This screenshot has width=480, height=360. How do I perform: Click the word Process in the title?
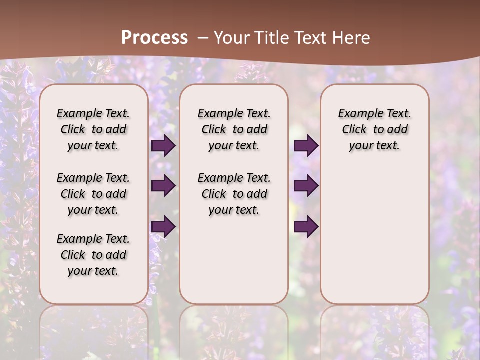point(154,37)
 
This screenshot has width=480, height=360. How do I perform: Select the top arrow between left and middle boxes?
point(163,145)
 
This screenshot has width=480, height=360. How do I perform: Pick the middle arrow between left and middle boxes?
point(163,186)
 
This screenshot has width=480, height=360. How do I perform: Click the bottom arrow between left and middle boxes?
point(163,226)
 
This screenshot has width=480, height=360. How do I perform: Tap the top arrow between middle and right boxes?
point(306,145)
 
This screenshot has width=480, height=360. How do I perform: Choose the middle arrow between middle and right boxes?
point(306,186)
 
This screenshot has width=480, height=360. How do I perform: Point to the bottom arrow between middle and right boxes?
point(306,226)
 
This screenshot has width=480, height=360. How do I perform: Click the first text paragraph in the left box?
point(93,129)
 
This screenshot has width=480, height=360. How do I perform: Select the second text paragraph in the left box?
point(93,194)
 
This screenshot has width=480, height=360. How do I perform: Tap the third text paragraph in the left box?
point(93,255)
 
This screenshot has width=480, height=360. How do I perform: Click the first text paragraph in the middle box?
point(234,129)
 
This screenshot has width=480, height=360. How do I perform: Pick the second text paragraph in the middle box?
point(234,194)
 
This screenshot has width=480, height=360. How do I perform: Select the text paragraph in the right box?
point(374,129)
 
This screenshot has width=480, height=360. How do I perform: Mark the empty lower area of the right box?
point(374,230)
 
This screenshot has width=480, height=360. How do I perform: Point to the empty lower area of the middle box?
point(234,260)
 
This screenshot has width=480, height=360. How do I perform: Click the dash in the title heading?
point(203,37)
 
